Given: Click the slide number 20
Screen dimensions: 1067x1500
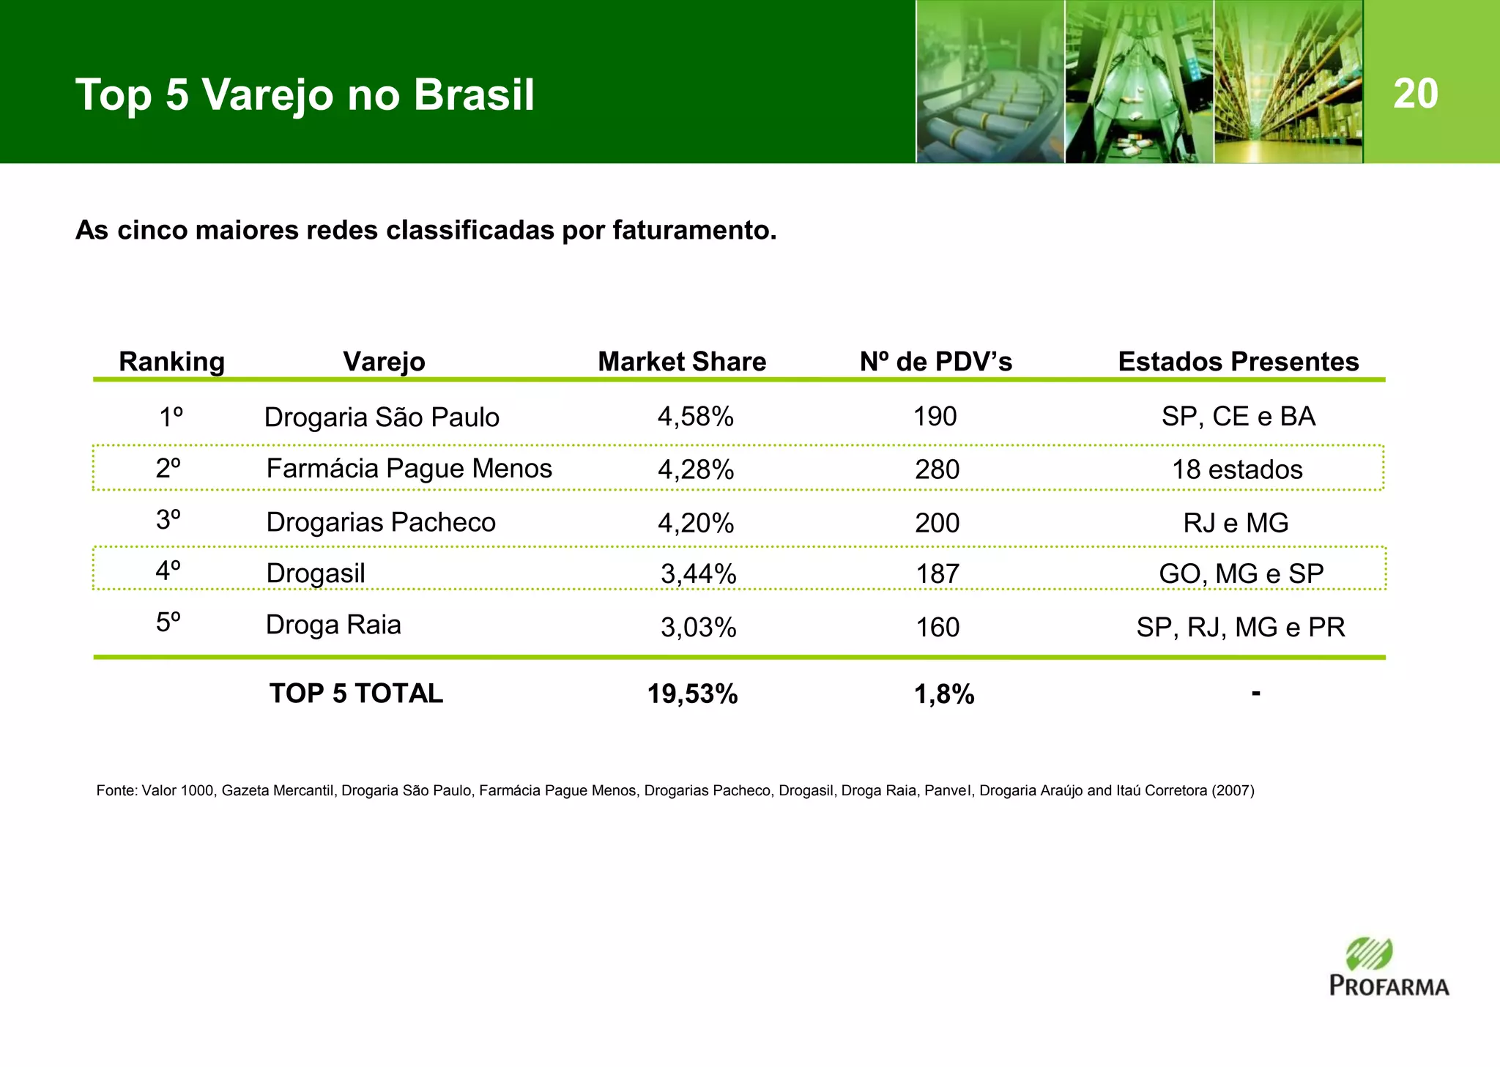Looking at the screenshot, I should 1415,94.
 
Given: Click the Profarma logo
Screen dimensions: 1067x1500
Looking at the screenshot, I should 1389,967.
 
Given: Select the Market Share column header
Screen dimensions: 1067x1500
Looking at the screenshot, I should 681,362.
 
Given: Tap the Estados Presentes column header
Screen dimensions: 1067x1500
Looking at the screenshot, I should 1238,362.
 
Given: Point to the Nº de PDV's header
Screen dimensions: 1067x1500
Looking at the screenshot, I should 935,362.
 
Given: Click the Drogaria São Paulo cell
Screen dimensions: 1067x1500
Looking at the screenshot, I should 381,417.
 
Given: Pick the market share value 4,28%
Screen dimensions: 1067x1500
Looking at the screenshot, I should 695,469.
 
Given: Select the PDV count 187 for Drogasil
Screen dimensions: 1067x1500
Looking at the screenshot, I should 937,573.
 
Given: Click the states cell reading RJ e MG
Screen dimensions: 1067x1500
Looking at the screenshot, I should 1236,523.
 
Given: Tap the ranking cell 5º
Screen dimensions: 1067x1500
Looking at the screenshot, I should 168,623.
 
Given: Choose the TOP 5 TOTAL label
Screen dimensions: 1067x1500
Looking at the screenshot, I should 356,694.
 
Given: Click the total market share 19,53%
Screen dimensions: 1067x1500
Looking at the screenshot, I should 692,694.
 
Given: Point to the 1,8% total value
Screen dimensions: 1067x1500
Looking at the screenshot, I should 943,694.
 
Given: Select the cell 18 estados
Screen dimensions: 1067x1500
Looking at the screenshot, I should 1237,469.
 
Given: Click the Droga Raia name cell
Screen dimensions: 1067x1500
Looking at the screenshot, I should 333,625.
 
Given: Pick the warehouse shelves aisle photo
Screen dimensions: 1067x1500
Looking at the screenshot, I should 1288,81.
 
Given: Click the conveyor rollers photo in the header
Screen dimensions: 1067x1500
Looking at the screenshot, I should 990,81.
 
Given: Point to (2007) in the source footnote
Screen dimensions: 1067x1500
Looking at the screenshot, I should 1233,791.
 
